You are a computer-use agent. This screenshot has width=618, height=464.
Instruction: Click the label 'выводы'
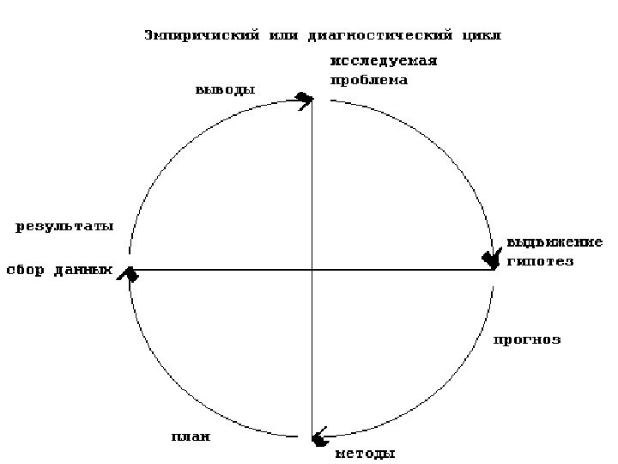pyautogui.click(x=226, y=89)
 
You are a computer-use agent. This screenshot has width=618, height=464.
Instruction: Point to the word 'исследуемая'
pyautogui.click(x=385, y=61)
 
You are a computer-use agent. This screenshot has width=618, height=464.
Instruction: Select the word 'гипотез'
pyautogui.click(x=540, y=260)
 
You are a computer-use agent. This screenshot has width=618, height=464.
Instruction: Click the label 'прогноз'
pyautogui.click(x=527, y=339)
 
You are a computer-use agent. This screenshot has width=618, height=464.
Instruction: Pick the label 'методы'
pyautogui.click(x=365, y=454)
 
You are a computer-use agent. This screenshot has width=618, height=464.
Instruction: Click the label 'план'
pyautogui.click(x=191, y=437)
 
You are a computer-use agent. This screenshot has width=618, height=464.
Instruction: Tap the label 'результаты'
pyautogui.click(x=65, y=227)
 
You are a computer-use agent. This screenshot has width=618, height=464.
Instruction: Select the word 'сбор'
pyautogui.click(x=26, y=269)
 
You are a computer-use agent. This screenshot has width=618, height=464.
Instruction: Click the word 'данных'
pyautogui.click(x=83, y=269)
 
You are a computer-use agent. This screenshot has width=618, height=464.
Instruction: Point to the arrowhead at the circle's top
pyautogui.click(x=304, y=99)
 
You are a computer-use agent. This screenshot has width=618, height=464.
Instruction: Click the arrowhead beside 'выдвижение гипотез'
pyautogui.click(x=492, y=259)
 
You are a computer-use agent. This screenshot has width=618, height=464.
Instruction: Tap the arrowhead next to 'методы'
pyautogui.click(x=318, y=437)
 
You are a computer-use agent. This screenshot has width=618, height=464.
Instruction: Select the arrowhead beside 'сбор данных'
pyautogui.click(x=130, y=274)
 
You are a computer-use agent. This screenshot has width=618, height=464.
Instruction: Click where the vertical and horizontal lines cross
pyautogui.click(x=312, y=270)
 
